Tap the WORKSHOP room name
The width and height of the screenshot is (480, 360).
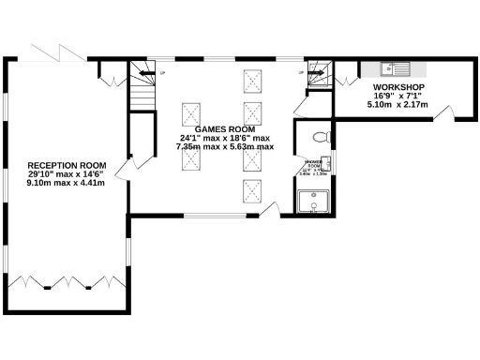pyautogui.click(x=386, y=85)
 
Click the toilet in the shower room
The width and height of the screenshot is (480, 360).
pyautogui.click(x=320, y=138)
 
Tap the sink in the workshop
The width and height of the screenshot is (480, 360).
pyautogui.click(x=393, y=68)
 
